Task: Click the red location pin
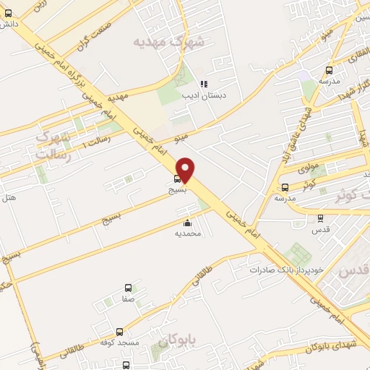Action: (x=186, y=169)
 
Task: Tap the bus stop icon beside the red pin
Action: (x=178, y=178)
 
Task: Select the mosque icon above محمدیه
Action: (x=188, y=223)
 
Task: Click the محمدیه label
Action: (x=188, y=234)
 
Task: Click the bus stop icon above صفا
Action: (x=129, y=288)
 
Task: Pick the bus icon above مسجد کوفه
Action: (x=114, y=330)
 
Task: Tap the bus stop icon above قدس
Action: (x=320, y=218)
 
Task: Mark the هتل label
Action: (x=9, y=197)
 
